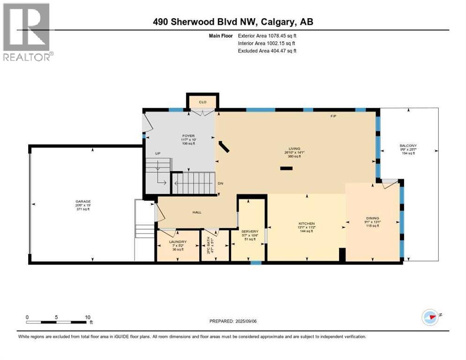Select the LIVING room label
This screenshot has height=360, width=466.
(294, 148)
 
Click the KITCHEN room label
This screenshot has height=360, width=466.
(307, 224)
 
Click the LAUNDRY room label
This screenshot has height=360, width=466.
(178, 242)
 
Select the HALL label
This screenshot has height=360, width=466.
(196, 212)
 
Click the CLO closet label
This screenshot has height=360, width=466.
(203, 102)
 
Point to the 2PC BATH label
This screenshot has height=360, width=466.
(209, 244)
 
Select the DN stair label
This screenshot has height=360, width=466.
(220, 183)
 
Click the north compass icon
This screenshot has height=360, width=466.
(429, 317)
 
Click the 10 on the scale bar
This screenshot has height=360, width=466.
(87, 317)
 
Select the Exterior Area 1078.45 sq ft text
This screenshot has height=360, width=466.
(267, 35)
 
